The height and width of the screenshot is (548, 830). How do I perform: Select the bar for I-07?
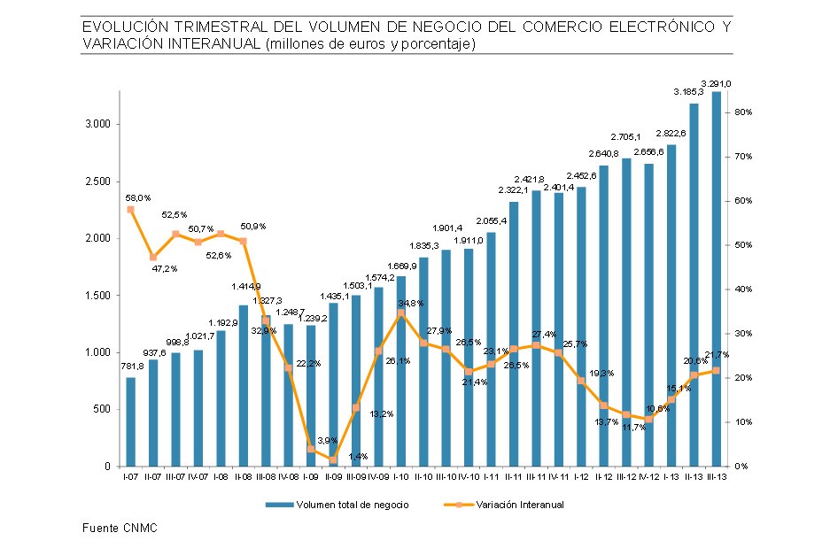click(131, 421)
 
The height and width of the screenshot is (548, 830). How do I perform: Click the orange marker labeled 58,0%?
click(131, 210)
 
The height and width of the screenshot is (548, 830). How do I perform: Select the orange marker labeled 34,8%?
click(400, 313)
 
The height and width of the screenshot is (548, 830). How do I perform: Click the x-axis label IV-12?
click(648, 476)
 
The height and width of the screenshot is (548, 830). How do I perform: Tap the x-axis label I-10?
click(400, 476)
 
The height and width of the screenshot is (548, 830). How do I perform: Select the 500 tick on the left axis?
click(101, 409)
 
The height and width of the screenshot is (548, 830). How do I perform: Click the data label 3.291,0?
click(716, 83)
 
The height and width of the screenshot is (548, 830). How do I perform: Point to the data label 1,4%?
click(358, 456)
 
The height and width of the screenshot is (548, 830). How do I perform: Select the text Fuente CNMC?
click(112, 528)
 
